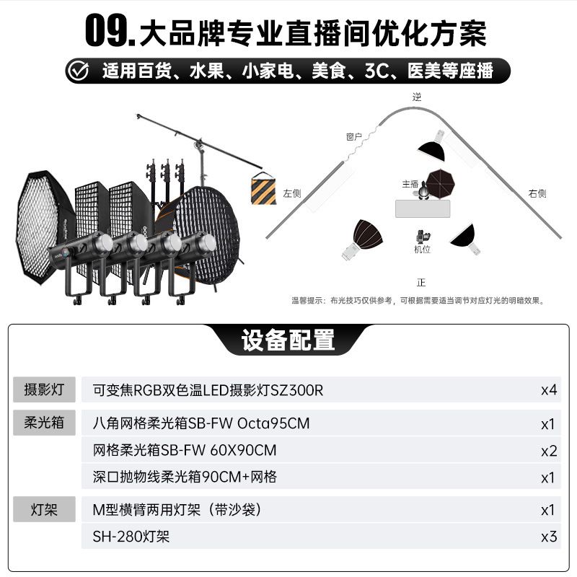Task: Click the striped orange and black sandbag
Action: [263, 188]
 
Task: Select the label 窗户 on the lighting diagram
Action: [353, 137]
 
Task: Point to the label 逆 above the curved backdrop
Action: [417, 97]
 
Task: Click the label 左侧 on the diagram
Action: [292, 193]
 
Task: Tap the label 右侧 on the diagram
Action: [537, 193]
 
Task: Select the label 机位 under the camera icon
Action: [422, 250]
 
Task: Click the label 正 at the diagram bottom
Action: [421, 282]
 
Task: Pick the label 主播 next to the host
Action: [410, 184]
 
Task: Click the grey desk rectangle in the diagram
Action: [423, 208]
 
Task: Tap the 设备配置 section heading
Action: [288, 340]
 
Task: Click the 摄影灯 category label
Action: [44, 389]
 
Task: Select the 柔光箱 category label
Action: [44, 423]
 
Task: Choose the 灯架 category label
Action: [44, 510]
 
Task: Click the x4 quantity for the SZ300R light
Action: [549, 390]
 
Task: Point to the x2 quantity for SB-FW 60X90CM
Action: [549, 452]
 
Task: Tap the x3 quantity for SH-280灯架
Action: [549, 537]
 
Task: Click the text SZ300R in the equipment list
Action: [297, 390]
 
